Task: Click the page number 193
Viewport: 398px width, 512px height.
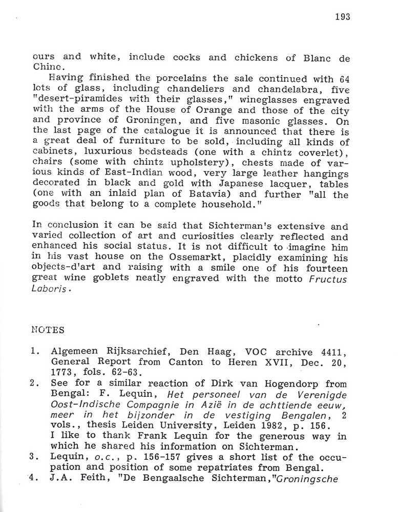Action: click(x=342, y=16)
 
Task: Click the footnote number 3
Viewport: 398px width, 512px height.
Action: click(x=32, y=457)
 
